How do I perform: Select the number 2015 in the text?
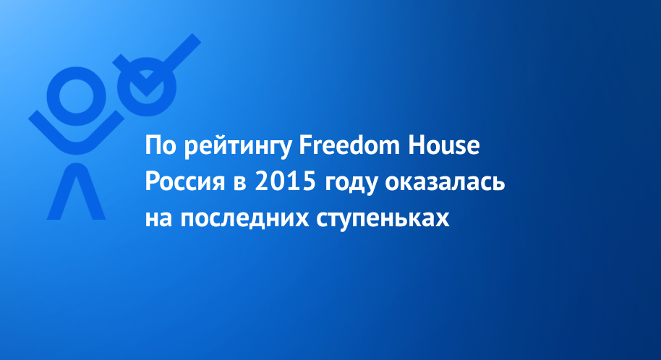pyautogui.click(x=286, y=181)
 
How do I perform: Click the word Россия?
pyautogui.click(x=185, y=181)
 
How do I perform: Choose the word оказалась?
pyautogui.click(x=445, y=182)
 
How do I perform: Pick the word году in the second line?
pyautogui.click(x=350, y=184)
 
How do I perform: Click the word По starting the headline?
pyautogui.click(x=161, y=145)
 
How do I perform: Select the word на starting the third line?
pyautogui.click(x=159, y=220)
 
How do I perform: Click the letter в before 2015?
pyautogui.click(x=240, y=184)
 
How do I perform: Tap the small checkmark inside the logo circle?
pyautogui.click(x=146, y=85)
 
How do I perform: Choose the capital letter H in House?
pyautogui.click(x=416, y=145)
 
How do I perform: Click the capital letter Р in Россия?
pyautogui.click(x=152, y=181)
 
